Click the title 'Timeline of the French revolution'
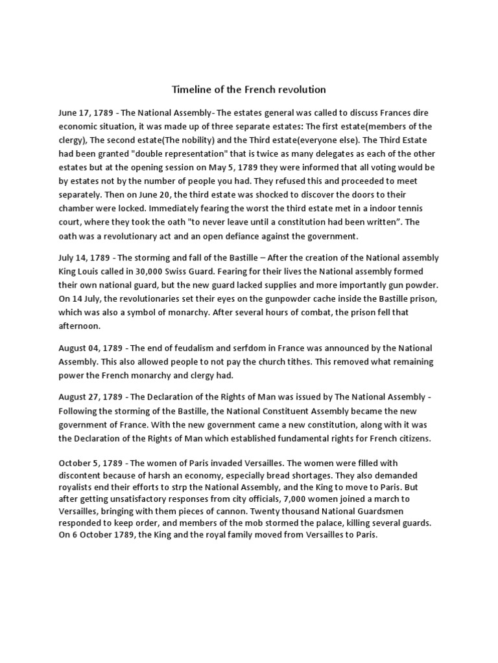248,89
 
